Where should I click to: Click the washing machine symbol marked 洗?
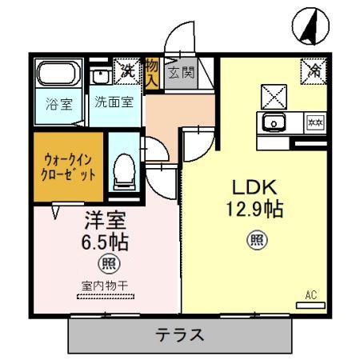click(x=126, y=70)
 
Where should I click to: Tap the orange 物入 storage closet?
click(x=152, y=74)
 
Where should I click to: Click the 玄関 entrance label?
click(x=180, y=74)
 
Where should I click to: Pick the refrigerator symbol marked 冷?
click(x=314, y=70)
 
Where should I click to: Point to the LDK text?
click(x=254, y=188)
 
